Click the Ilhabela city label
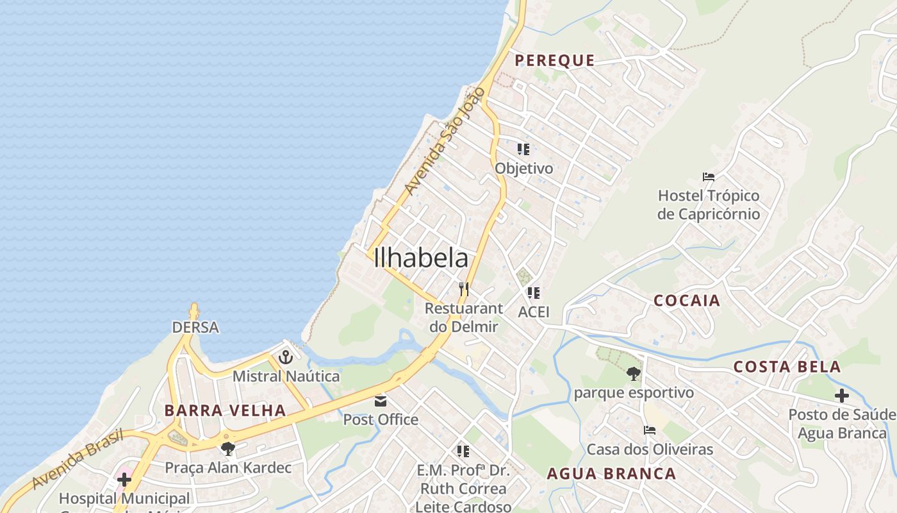tap(420, 258)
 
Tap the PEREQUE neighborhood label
tap(555, 60)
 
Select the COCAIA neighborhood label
tap(687, 301)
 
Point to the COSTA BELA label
tap(787, 367)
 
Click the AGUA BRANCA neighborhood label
tap(611, 474)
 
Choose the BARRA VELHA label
tap(225, 410)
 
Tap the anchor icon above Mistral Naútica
tap(286, 357)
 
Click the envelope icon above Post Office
tap(381, 401)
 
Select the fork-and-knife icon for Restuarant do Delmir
tap(464, 289)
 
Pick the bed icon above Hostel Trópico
tap(708, 177)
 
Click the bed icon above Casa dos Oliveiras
tap(650, 430)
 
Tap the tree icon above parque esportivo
tap(633, 373)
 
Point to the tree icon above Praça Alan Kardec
tap(227, 448)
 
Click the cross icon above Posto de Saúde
tap(841, 396)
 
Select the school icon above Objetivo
tap(523, 149)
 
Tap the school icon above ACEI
tap(533, 293)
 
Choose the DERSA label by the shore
tap(195, 328)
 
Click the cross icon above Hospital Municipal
tap(124, 479)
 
